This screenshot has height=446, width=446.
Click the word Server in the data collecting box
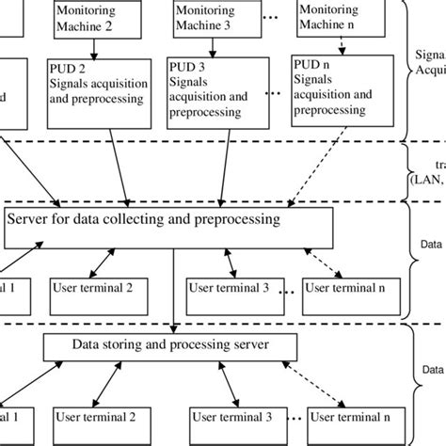[31, 220]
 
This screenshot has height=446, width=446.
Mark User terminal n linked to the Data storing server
[350, 415]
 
